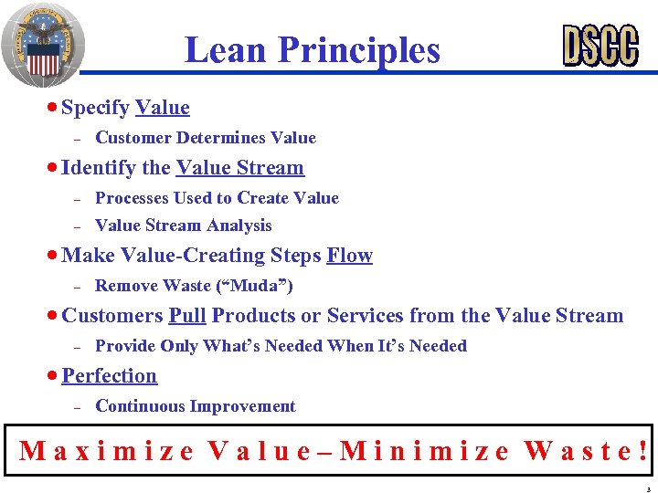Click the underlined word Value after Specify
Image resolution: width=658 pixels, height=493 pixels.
click(163, 108)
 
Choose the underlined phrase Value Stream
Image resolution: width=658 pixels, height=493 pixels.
click(239, 168)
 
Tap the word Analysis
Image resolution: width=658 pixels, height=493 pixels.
click(239, 226)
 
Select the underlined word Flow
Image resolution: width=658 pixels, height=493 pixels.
click(349, 256)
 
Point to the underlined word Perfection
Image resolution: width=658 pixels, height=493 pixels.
click(110, 376)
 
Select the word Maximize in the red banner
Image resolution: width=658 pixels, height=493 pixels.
click(106, 450)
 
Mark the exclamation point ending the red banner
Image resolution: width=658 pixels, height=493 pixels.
click(644, 450)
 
